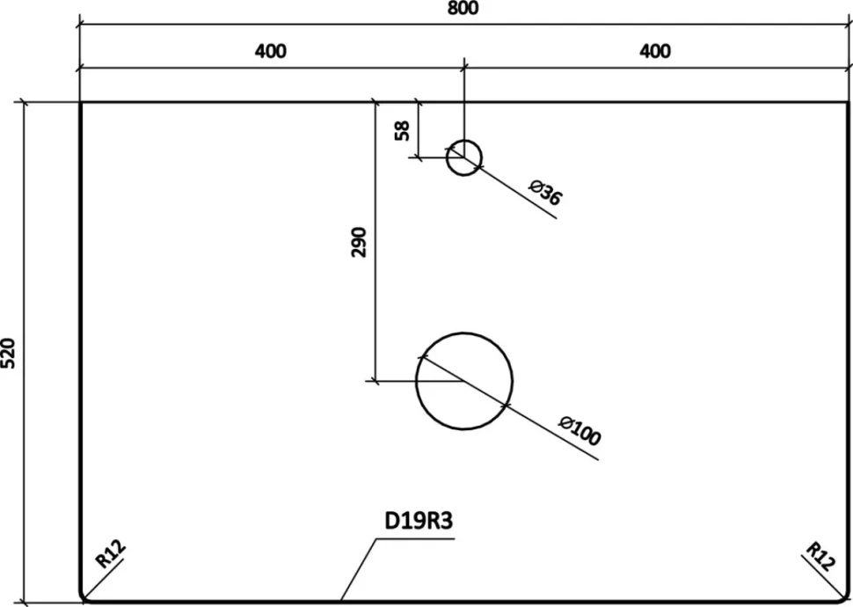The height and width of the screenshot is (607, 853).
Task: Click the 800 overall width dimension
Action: tap(463, 8)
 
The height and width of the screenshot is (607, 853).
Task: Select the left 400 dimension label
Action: tap(270, 51)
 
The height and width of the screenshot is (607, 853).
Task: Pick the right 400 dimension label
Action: tap(655, 51)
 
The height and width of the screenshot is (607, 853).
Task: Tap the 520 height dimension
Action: tap(8, 354)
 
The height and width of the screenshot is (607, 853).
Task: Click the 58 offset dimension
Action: tap(402, 131)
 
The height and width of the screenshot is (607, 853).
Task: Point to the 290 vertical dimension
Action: tap(359, 242)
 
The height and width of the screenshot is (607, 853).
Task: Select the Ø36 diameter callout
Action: tap(545, 192)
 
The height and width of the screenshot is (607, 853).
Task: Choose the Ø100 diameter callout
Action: tap(580, 430)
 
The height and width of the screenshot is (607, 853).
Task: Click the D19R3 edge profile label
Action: tap(419, 521)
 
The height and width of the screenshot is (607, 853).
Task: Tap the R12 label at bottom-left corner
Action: tap(111, 553)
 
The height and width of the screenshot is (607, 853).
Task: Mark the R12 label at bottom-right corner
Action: tap(820, 556)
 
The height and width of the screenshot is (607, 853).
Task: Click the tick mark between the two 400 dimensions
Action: tap(464, 68)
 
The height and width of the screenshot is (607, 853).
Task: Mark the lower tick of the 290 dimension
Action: tap(375, 381)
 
